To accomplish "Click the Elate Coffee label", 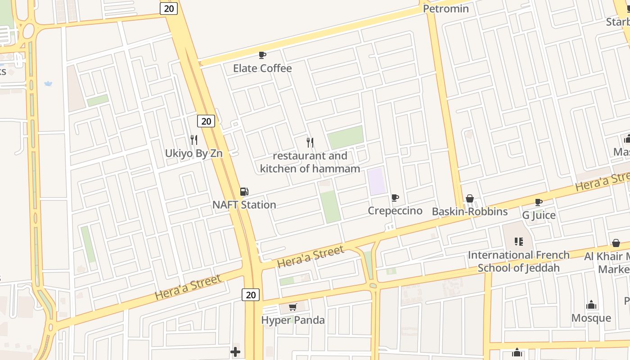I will tap(262, 68).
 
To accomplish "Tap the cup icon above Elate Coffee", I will tap(262, 55).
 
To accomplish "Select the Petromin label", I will tap(446, 9).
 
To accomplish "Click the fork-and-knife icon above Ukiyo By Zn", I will tap(194, 140).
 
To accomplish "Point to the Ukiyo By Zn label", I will tap(193, 153).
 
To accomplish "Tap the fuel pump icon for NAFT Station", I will tap(244, 192).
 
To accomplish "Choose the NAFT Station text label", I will tap(244, 205).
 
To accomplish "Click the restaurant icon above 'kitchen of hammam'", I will tap(310, 143).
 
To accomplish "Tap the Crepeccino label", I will tap(395, 211).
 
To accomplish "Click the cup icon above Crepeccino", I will tap(395, 198).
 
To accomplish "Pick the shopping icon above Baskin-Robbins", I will tap(470, 198).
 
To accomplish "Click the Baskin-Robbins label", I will tap(470, 211).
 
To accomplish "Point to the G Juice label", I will tap(539, 216).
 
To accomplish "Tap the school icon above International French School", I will tap(519, 242).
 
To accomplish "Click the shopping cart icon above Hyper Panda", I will tap(293, 307).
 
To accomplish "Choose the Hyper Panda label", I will tap(293, 320).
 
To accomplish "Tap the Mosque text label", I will tap(591, 318).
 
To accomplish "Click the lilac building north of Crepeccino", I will tap(377, 181).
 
